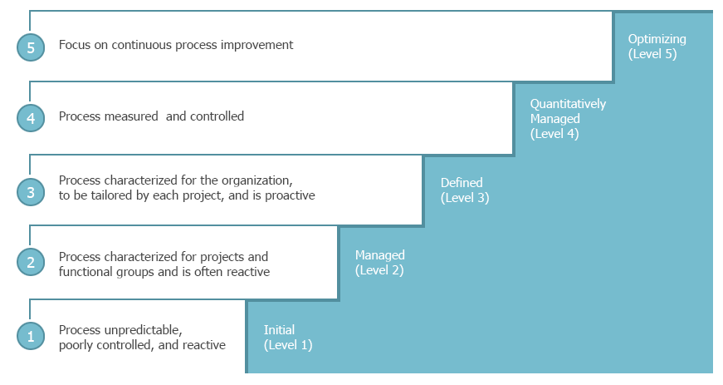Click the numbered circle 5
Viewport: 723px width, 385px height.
31,47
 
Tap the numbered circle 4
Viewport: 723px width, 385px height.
31,118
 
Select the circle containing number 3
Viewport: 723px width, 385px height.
31,192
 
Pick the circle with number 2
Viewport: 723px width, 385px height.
31,262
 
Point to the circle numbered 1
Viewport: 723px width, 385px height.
31,336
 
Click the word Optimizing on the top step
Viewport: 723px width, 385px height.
657,40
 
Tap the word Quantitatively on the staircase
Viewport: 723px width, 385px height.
568,104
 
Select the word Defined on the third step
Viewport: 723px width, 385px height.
462,183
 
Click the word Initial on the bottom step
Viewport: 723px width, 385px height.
279,330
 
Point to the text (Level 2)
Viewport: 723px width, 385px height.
379,270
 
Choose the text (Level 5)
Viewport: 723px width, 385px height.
652,54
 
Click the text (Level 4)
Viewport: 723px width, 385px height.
554,134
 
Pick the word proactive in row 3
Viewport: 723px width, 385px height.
290,195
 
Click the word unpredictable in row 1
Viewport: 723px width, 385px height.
144,330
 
